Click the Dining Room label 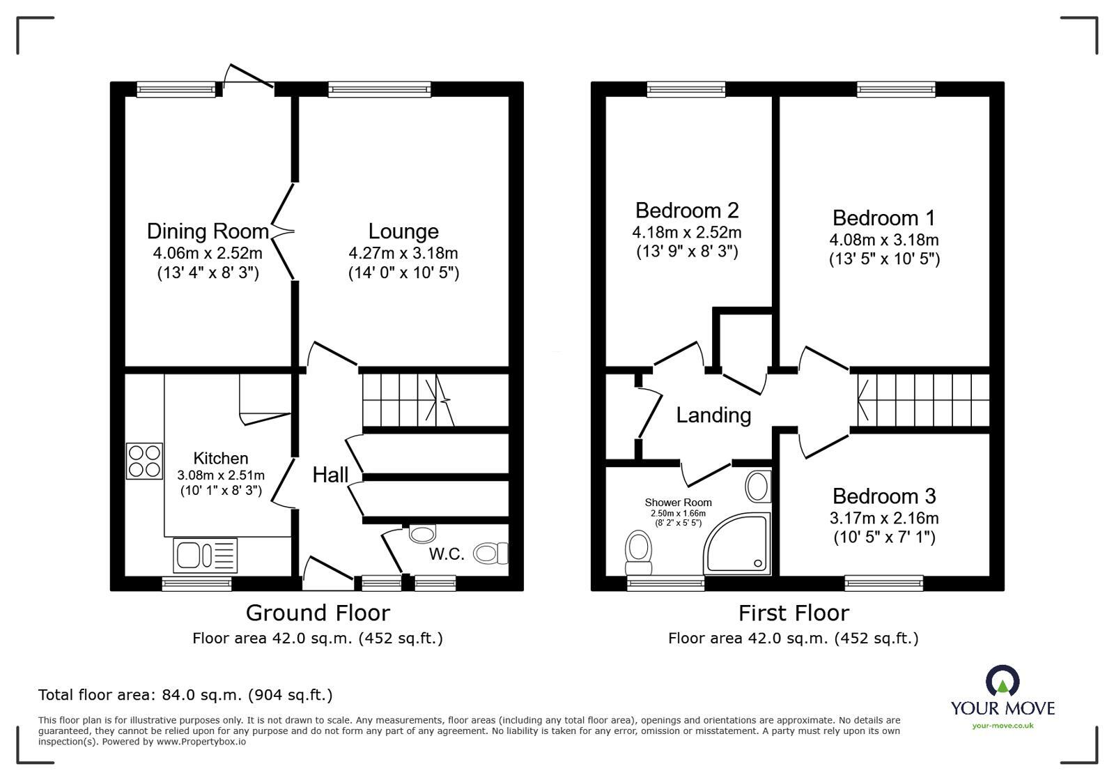pyautogui.click(x=207, y=231)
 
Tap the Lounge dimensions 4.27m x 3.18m pyautogui.click(x=403, y=253)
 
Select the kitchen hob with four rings pyautogui.click(x=144, y=461)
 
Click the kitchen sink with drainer pyautogui.click(x=206, y=556)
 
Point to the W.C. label pyautogui.click(x=447, y=554)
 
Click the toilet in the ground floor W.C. pyautogui.click(x=491, y=553)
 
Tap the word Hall pyautogui.click(x=330, y=475)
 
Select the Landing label pyautogui.click(x=713, y=415)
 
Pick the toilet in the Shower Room pyautogui.click(x=637, y=550)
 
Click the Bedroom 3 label pyautogui.click(x=883, y=496)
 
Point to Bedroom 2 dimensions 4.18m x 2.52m pyautogui.click(x=686, y=232)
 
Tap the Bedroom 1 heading pyautogui.click(x=883, y=218)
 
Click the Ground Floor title pyautogui.click(x=318, y=613)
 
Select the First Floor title pyautogui.click(x=794, y=613)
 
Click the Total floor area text pyautogui.click(x=185, y=695)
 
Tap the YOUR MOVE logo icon pyautogui.click(x=1002, y=681)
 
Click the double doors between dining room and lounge pyautogui.click(x=284, y=231)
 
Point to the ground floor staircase pyautogui.click(x=408, y=400)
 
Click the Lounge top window pyautogui.click(x=380, y=89)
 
